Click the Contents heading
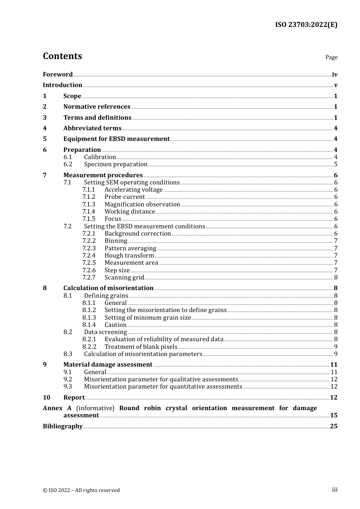click(62, 56)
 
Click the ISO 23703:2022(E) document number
click(306, 25)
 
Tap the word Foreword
click(58, 74)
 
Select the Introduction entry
click(63, 85)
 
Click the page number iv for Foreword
click(334, 74)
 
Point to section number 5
click(45, 139)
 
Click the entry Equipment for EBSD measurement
click(116, 139)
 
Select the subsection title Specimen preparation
click(116, 164)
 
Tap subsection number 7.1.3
click(89, 204)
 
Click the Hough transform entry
click(129, 255)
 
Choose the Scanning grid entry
click(124, 277)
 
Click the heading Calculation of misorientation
click(108, 288)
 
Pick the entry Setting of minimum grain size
click(147, 317)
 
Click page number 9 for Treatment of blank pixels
click(336, 347)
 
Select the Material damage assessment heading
click(108, 364)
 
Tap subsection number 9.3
click(67, 386)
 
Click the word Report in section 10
click(74, 397)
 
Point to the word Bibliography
click(63, 426)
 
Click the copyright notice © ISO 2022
click(81, 490)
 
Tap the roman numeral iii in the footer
click(335, 490)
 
